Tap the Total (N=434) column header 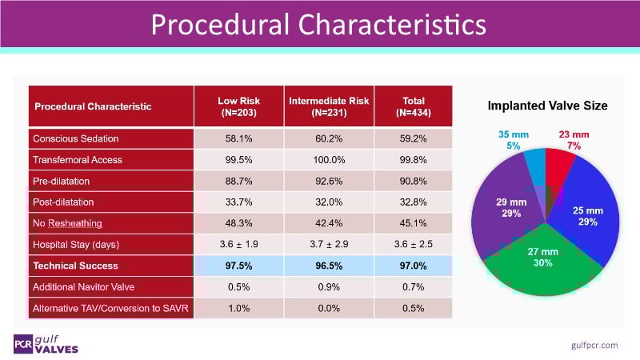pyautogui.click(x=413, y=106)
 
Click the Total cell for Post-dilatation pyautogui.click(x=413, y=202)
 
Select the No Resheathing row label pyautogui.click(x=67, y=223)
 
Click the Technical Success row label pyautogui.click(x=75, y=266)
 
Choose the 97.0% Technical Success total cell pyautogui.click(x=413, y=266)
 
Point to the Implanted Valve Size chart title pyautogui.click(x=548, y=106)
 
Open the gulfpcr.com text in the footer pyautogui.click(x=594, y=344)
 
